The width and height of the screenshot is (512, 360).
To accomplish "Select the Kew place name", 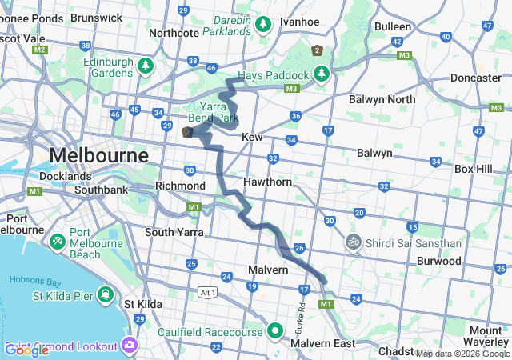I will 252,138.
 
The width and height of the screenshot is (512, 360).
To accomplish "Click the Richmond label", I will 180,186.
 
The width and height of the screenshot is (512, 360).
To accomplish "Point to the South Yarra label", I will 174,232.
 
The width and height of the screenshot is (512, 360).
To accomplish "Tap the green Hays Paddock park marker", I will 322,74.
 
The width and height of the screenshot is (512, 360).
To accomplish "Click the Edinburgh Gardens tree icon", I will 145,65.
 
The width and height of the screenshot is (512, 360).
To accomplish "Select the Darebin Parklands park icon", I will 263,26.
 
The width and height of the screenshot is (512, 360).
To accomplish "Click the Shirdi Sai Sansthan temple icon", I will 353,241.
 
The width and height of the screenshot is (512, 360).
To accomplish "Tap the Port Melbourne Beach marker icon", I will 58,241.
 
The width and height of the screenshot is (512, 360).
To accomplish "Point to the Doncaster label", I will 475,78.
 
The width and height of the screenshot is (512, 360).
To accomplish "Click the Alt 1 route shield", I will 209,292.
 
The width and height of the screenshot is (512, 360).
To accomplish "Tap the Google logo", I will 26,350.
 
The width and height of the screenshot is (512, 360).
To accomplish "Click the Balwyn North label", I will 382,99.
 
